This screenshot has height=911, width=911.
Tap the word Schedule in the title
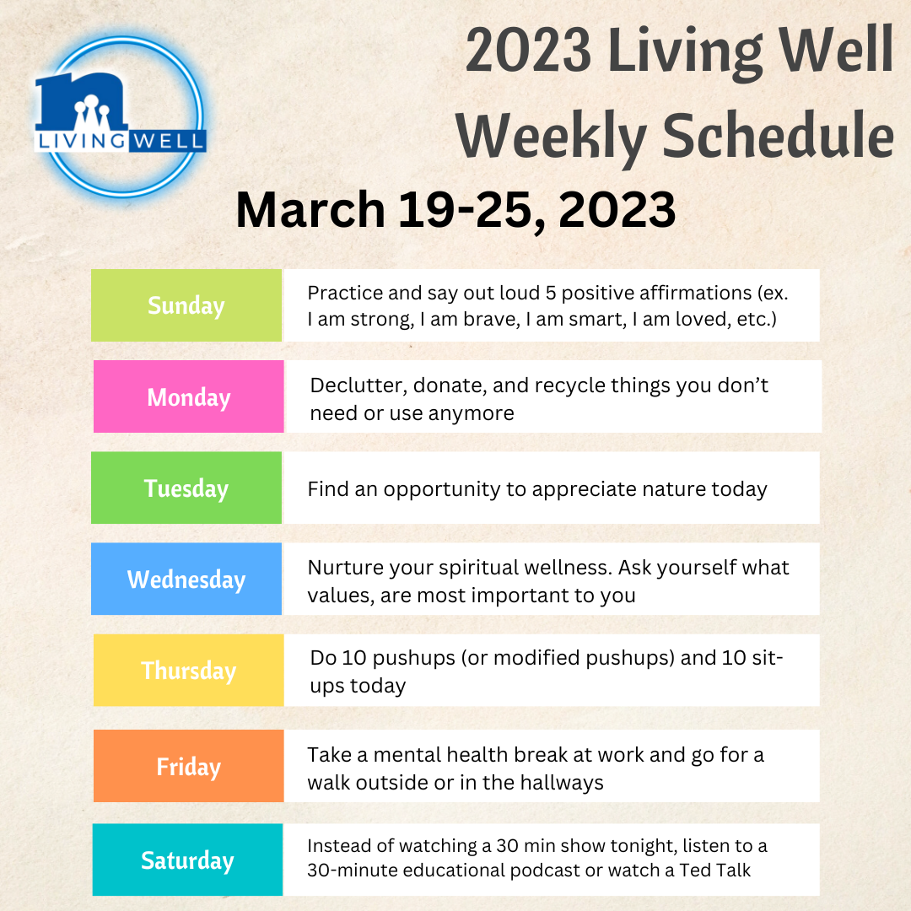click(778, 136)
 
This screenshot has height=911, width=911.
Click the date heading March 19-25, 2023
click(455, 210)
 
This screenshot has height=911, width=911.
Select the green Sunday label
click(186, 305)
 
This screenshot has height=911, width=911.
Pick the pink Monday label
click(189, 396)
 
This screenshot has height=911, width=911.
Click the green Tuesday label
click(186, 488)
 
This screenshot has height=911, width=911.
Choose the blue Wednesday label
click(186, 579)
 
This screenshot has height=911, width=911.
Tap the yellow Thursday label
click(189, 670)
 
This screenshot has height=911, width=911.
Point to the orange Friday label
click(189, 766)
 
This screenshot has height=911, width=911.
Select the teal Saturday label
click(187, 860)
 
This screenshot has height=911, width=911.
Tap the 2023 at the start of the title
click(528, 50)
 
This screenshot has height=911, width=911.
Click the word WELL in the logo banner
click(168, 141)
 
